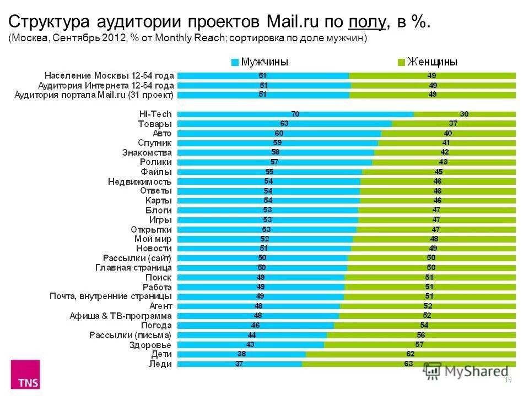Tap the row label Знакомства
click(147, 152)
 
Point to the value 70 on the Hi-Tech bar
click(295, 114)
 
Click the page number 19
click(508, 380)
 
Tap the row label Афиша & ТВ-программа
click(121, 316)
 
